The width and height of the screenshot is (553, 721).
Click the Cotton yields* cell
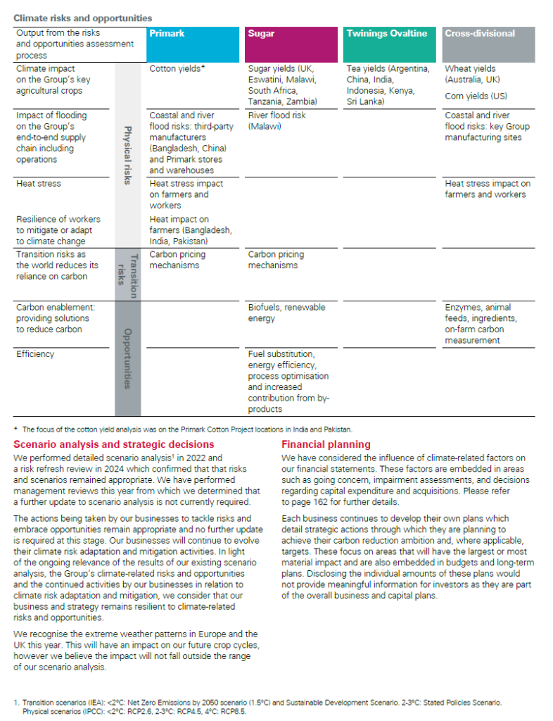[177, 69]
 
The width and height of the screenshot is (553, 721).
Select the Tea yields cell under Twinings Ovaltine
[388, 85]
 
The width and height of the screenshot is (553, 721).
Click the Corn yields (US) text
[476, 96]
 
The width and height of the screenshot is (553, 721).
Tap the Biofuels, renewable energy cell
[286, 313]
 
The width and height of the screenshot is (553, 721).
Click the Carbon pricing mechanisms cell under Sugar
[276, 260]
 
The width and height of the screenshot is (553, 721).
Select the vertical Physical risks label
[127, 155]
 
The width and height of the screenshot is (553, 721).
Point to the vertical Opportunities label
[127, 358]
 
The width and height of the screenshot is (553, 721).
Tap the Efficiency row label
[35, 354]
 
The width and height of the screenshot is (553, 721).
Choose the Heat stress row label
[39, 184]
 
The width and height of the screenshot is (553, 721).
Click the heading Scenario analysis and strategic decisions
[113, 444]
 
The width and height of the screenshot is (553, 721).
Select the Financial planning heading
[326, 444]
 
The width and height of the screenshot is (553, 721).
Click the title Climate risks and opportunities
[83, 18]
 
